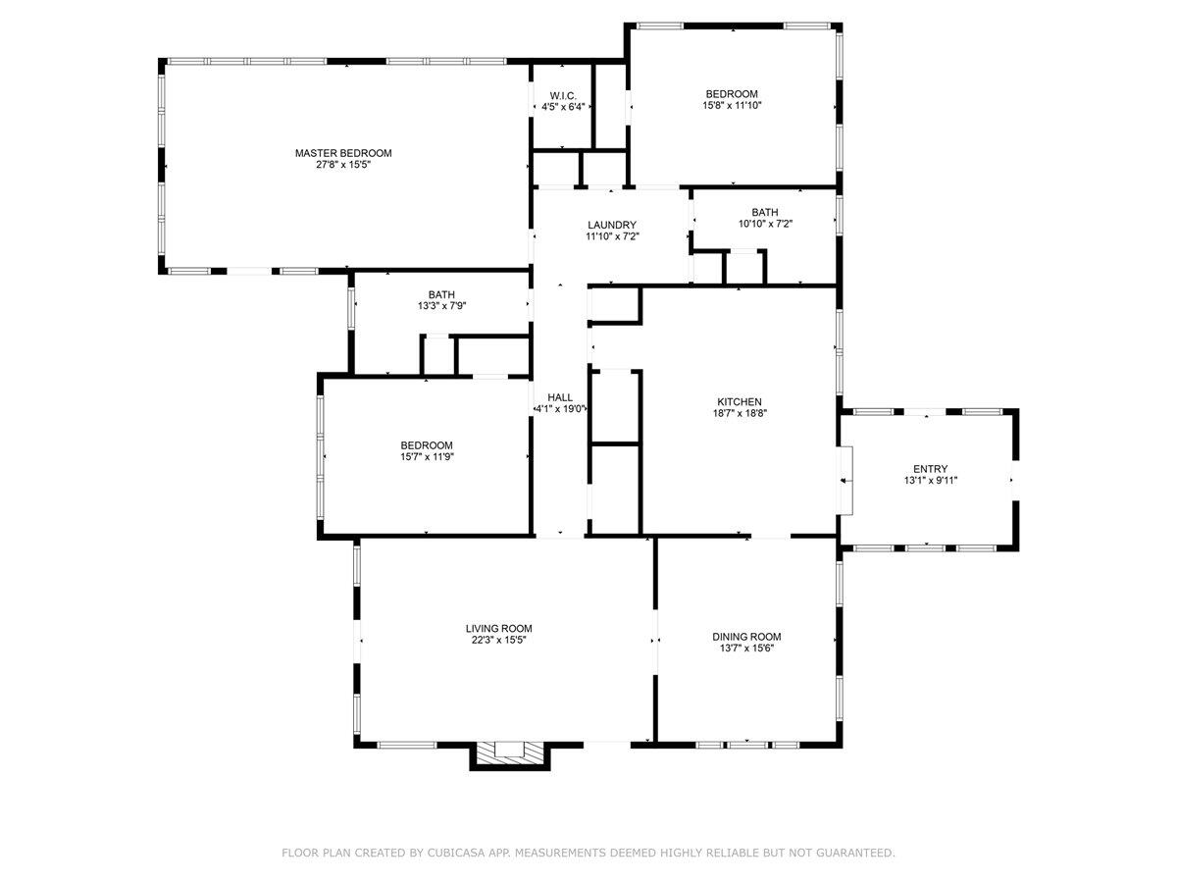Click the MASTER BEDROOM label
pyautogui.click(x=343, y=153)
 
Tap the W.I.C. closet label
pyautogui.click(x=563, y=96)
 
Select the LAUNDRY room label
pyautogui.click(x=612, y=226)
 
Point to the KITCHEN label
pyautogui.click(x=740, y=402)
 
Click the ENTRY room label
pyautogui.click(x=931, y=469)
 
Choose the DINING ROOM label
pyautogui.click(x=746, y=637)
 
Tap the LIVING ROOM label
pyautogui.click(x=498, y=628)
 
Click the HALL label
pyautogui.click(x=560, y=397)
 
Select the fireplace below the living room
pyautogui.click(x=510, y=755)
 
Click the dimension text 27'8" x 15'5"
pyautogui.click(x=343, y=165)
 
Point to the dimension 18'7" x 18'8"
pyautogui.click(x=740, y=413)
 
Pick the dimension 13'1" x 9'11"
pyautogui.click(x=931, y=481)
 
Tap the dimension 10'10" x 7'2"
pyautogui.click(x=765, y=224)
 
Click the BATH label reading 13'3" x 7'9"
pyautogui.click(x=441, y=295)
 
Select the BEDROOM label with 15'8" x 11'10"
pyautogui.click(x=732, y=94)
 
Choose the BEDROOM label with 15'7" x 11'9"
pyautogui.click(x=427, y=445)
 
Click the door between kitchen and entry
pyautogui.click(x=845, y=481)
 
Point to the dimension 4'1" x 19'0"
pyautogui.click(x=560, y=409)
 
